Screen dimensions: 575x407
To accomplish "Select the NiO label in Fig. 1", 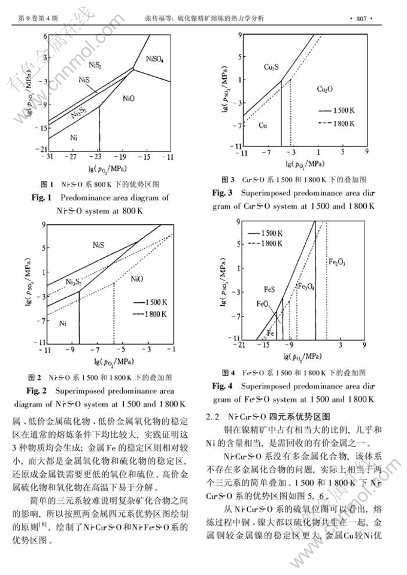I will click(129, 97).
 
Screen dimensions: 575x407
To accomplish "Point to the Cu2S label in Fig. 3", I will click(270, 68).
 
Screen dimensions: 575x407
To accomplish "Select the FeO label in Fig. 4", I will click(262, 304).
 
